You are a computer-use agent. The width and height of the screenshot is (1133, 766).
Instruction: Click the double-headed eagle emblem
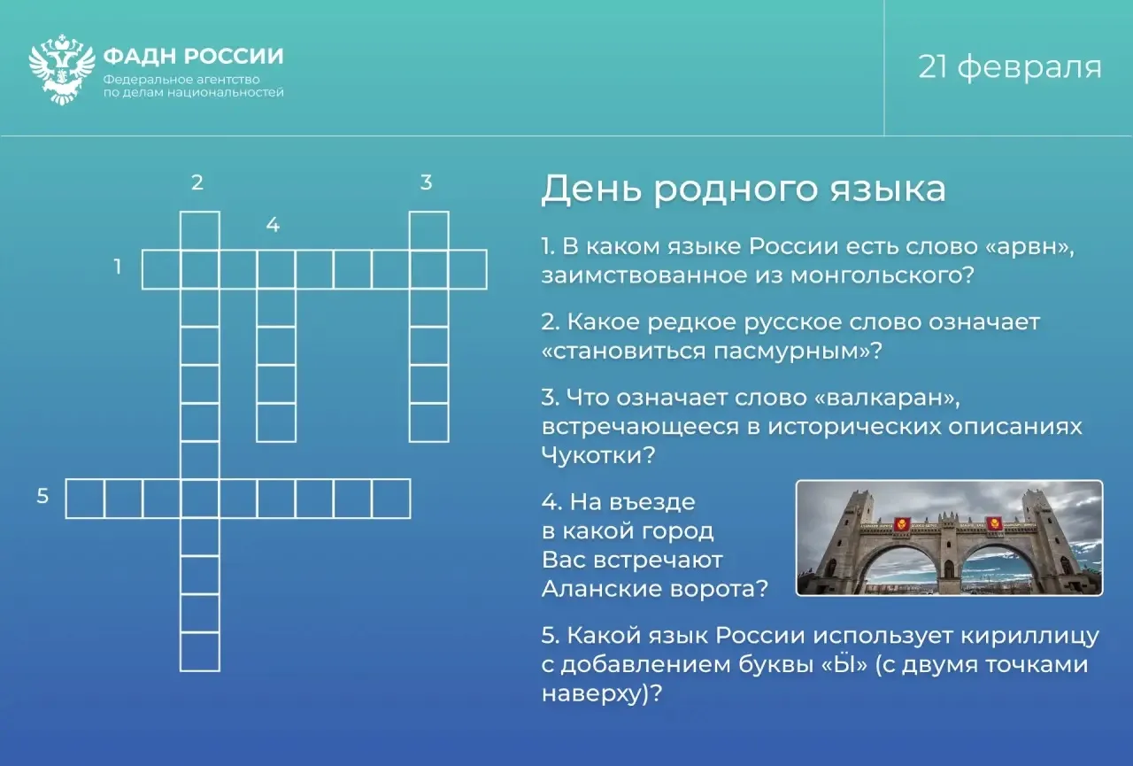point(62,69)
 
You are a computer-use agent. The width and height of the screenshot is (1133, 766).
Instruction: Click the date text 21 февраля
point(1010,67)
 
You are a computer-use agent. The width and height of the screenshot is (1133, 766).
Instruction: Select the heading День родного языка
point(743,190)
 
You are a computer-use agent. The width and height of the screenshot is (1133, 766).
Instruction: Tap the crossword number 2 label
point(197,182)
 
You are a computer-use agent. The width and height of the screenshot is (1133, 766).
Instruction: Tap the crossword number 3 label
point(427,182)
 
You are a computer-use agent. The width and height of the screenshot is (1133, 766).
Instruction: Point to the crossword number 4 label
point(274,225)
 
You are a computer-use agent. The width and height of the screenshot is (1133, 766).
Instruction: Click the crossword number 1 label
point(118,267)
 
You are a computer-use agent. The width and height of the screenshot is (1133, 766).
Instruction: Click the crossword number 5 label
point(42,496)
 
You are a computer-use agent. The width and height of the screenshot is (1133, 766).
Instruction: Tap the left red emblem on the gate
point(900,523)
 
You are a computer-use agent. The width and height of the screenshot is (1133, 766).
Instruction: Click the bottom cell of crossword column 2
point(200,652)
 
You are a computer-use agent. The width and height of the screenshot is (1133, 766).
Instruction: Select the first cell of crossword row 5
point(85,499)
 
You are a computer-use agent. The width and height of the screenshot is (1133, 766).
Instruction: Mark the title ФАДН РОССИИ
point(193,56)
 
